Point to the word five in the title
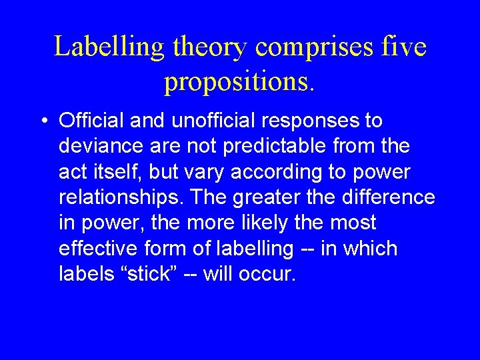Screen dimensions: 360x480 pos(405,47)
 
